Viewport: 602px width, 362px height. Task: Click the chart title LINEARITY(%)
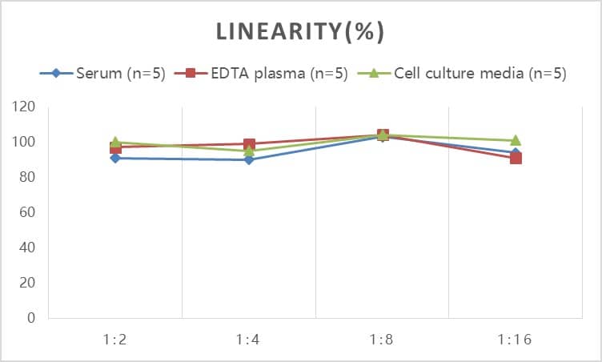point(300,31)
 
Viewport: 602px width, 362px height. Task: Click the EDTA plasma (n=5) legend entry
point(266,74)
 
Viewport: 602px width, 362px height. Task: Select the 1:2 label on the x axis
point(115,339)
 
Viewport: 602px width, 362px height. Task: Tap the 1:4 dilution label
point(249,339)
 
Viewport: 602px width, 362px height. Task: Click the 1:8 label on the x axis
point(382,339)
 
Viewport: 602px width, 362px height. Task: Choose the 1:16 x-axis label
point(516,339)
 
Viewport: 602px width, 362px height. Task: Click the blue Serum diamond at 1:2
point(115,158)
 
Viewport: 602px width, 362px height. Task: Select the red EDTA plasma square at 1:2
point(115,147)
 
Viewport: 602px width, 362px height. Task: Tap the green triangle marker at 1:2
point(115,142)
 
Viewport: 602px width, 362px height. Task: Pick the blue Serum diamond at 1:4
point(249,159)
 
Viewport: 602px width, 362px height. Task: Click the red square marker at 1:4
point(249,144)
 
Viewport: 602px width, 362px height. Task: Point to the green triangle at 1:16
point(516,140)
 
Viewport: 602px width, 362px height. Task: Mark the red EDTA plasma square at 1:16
point(516,158)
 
